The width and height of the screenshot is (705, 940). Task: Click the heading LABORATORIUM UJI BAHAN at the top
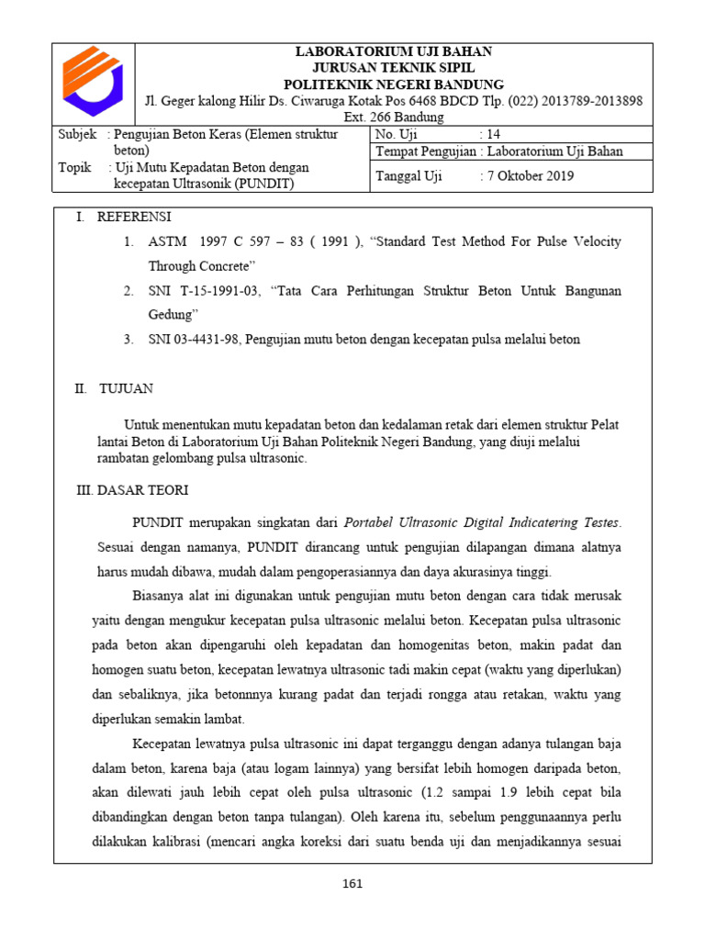coord(394,51)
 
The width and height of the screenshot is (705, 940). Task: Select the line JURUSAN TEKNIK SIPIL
coord(394,68)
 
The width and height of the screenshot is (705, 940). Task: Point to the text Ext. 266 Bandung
coord(394,117)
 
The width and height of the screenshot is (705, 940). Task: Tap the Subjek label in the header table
coord(76,134)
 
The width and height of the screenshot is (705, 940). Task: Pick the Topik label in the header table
coord(74,167)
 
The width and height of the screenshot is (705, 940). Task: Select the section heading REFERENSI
coord(135,217)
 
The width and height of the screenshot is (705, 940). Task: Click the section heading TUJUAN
coord(127,388)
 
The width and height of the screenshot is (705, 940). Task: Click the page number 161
coord(352,884)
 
